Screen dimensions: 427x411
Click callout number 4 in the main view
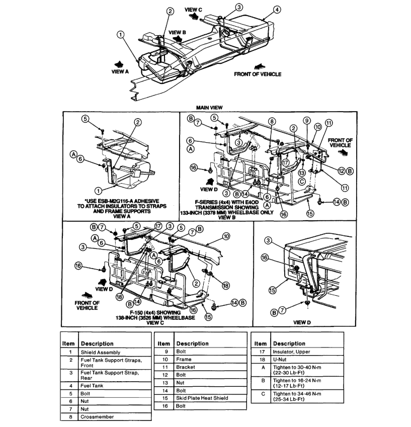[278, 9]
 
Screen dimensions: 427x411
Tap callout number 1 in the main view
[121, 34]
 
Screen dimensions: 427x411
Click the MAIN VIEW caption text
[210, 107]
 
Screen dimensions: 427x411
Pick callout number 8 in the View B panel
[272, 121]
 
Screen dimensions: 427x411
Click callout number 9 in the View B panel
[306, 121]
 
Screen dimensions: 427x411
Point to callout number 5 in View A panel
[86, 119]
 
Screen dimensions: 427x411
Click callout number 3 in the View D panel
[269, 240]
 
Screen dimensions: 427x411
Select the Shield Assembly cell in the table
[101, 353]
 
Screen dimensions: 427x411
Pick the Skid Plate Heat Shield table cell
[202, 398]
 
